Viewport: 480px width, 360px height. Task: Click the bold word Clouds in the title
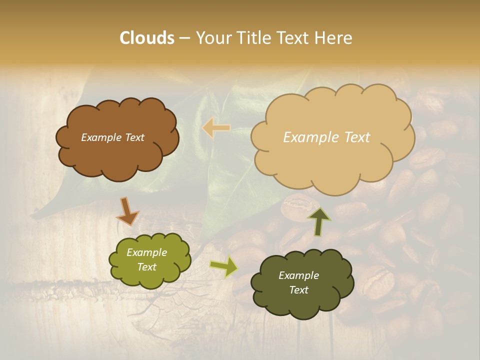coord(146,38)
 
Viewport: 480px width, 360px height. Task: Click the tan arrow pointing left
coord(216,128)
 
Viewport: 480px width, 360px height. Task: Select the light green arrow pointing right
coord(224,266)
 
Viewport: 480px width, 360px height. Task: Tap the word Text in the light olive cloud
coord(146,267)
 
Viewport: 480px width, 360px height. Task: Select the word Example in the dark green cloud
coord(298,275)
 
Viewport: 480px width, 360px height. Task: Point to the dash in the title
coord(184,38)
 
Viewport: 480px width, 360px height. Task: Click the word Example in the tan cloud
coord(308,137)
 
